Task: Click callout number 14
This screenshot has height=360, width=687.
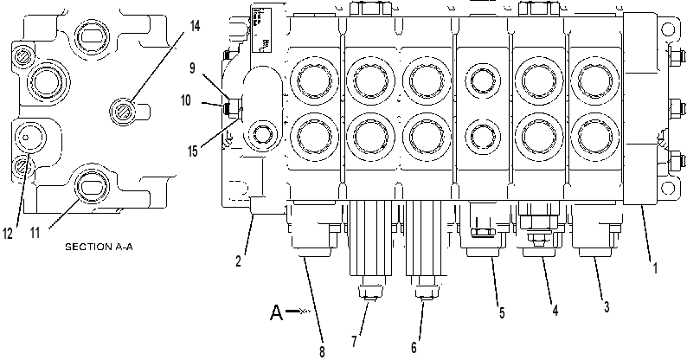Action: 195,26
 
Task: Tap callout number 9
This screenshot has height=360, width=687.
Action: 192,68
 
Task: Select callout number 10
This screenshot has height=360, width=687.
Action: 186,100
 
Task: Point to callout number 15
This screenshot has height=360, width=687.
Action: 193,151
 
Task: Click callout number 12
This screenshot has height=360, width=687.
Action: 8,234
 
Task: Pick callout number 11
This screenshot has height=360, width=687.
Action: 35,233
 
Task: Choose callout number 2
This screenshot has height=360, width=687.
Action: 238,261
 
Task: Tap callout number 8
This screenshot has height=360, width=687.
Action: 322,351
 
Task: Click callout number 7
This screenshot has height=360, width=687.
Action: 354,341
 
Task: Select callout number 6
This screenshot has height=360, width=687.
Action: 414,347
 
